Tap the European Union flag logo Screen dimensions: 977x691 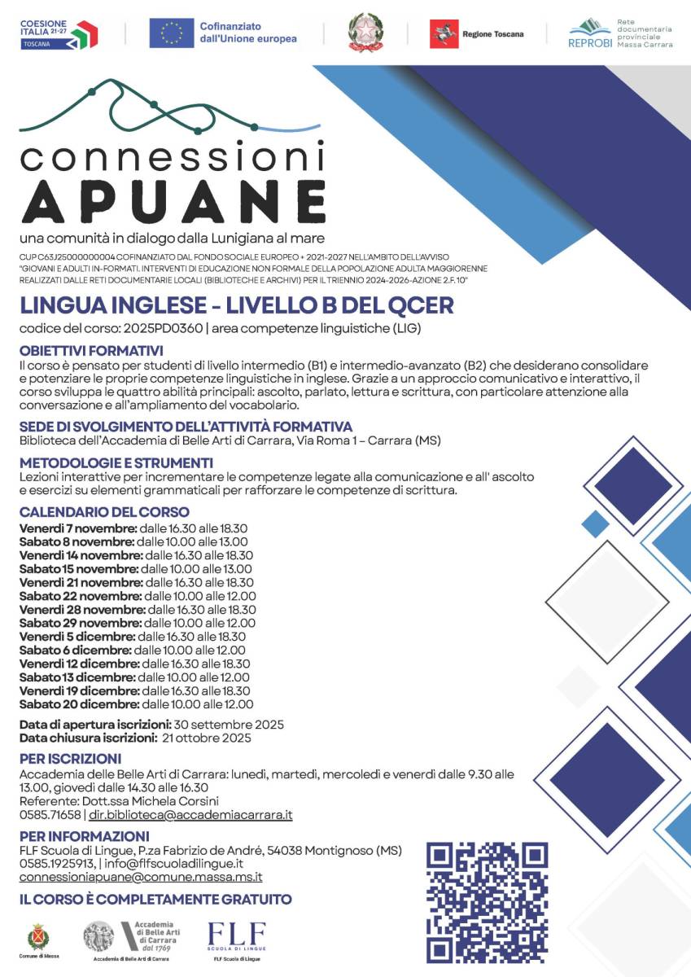pos(171,33)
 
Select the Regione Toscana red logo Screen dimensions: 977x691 pos(444,33)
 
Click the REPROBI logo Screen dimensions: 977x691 pos(590,33)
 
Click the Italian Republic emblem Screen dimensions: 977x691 pos(365,33)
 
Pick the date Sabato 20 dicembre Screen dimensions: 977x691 pos(79,704)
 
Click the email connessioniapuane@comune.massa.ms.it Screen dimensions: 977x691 pos(141,877)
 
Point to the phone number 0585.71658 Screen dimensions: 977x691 pos(50,814)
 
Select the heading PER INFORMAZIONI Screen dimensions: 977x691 pos(85,836)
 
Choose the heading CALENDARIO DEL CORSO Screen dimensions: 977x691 pos(104,512)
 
